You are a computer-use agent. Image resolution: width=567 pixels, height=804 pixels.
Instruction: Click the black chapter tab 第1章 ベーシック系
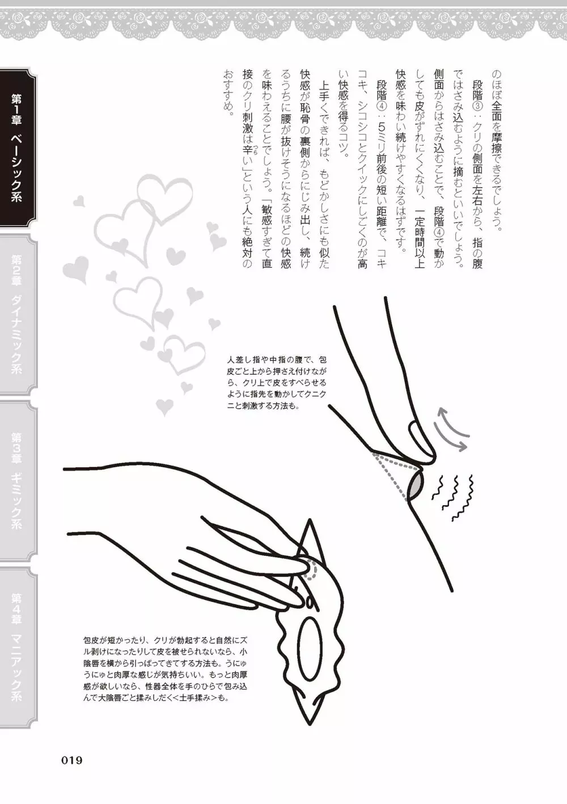click(18, 148)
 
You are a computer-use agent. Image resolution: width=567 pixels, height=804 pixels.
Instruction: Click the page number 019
click(72, 760)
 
